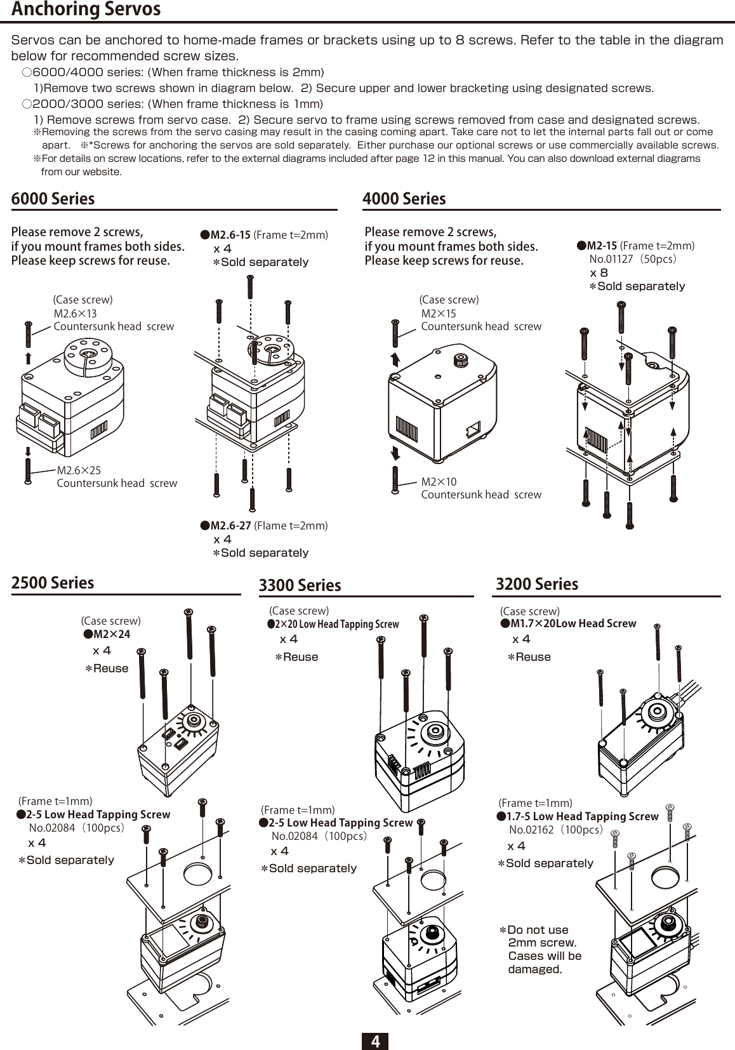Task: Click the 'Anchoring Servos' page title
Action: pos(86,10)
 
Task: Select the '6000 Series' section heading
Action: pos(53,199)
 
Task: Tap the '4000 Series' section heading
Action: pos(404,199)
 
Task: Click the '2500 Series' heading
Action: pos(53,583)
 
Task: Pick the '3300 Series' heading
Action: pos(300,585)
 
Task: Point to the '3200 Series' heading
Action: pos(536,584)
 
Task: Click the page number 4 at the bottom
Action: pos(375,1041)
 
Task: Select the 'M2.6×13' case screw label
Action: pos(75,313)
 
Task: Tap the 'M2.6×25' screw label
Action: pos(79,470)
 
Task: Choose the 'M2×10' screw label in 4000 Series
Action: pos(439,482)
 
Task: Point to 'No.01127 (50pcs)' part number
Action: pos(633,259)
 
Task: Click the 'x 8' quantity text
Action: pos(599,272)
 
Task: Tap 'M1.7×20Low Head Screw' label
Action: pos(573,623)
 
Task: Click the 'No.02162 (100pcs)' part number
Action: pos(555,830)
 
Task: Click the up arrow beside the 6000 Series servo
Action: pos(29,357)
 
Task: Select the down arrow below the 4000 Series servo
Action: pos(395,452)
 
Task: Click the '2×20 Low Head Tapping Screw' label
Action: pos(336,624)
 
